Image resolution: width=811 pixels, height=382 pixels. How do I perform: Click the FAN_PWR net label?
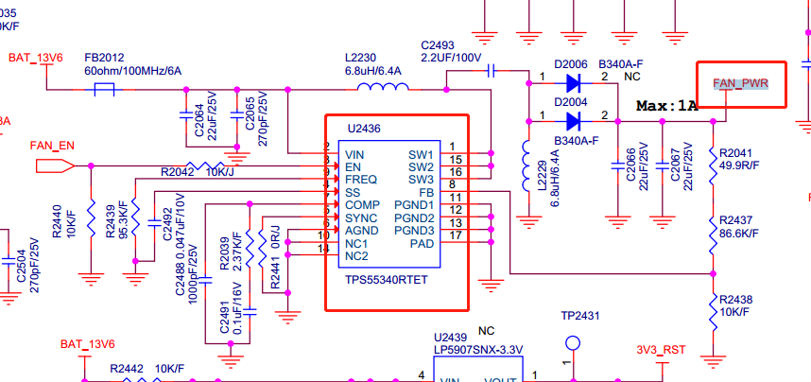coord(741,84)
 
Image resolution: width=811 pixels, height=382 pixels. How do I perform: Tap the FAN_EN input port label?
coord(52,146)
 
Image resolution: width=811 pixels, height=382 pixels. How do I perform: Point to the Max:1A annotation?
coord(666,106)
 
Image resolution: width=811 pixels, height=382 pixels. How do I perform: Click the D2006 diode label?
coord(572,63)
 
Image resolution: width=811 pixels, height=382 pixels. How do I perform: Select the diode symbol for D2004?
coord(572,120)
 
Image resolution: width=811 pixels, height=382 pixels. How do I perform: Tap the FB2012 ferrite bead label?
coord(104,57)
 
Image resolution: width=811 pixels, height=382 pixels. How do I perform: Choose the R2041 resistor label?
coord(736,152)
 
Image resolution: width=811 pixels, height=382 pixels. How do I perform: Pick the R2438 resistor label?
coord(736,300)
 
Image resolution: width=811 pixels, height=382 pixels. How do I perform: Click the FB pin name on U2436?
coord(426,192)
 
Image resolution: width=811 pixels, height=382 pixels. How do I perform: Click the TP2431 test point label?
coord(580,317)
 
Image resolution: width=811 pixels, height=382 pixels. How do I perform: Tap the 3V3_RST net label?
coord(661,349)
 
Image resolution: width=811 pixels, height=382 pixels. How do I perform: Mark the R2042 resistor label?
coord(178,172)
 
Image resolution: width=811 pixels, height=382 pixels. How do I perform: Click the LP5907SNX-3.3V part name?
coord(477,350)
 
